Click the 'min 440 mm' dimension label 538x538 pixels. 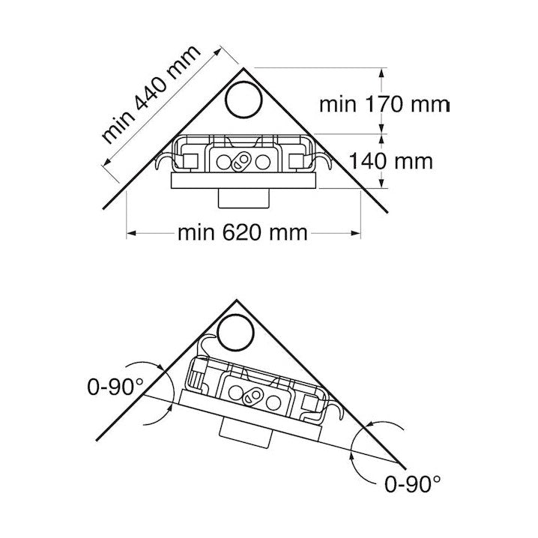[x=151, y=94]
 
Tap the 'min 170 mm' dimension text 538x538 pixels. [x=384, y=104]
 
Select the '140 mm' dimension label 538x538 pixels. [x=391, y=161]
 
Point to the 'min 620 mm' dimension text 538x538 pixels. [x=243, y=233]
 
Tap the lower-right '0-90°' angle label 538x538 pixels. [x=412, y=484]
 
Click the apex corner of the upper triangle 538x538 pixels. [x=244, y=69]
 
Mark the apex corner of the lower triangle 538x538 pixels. [x=236, y=300]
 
